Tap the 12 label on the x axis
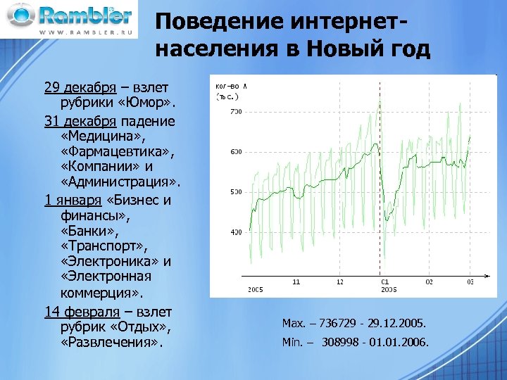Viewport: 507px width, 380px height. pyautogui.click(x=340, y=281)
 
